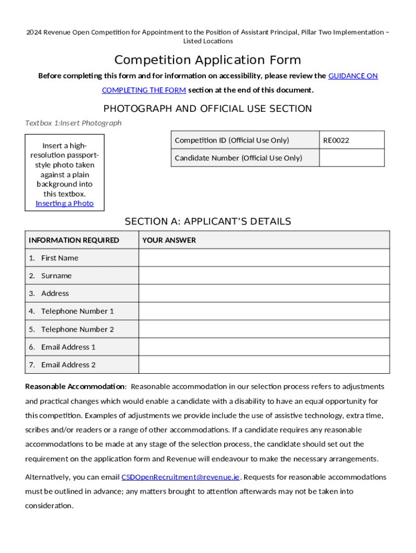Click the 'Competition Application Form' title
(x=207, y=59)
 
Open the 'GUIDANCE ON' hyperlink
(x=353, y=76)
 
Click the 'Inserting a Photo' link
(x=64, y=204)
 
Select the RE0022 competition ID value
(x=336, y=140)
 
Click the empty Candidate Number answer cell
(x=352, y=158)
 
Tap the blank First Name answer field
(x=264, y=258)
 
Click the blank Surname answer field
(x=264, y=275)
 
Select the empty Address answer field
(x=264, y=293)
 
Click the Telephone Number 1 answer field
(x=264, y=311)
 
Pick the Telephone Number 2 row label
(x=77, y=329)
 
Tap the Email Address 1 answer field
(x=264, y=347)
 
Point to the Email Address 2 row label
(x=68, y=365)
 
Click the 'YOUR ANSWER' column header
(x=169, y=240)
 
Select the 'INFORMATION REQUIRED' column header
(x=74, y=240)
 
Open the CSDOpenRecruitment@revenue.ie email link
(x=180, y=477)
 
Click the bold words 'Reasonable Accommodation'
(x=75, y=387)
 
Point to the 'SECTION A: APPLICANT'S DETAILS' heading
(x=207, y=221)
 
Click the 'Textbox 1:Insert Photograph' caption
(x=73, y=123)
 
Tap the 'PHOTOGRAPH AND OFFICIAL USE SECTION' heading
(x=207, y=109)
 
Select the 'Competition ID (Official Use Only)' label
(x=232, y=140)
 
